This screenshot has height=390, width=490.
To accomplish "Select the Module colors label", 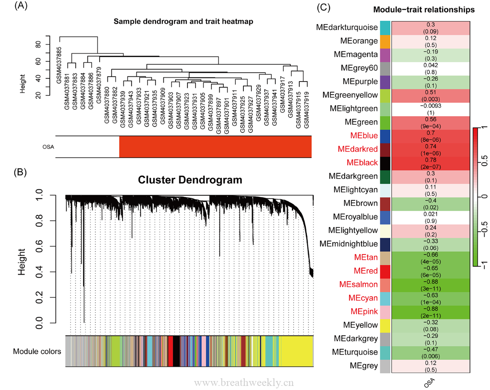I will coord(36,351).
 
